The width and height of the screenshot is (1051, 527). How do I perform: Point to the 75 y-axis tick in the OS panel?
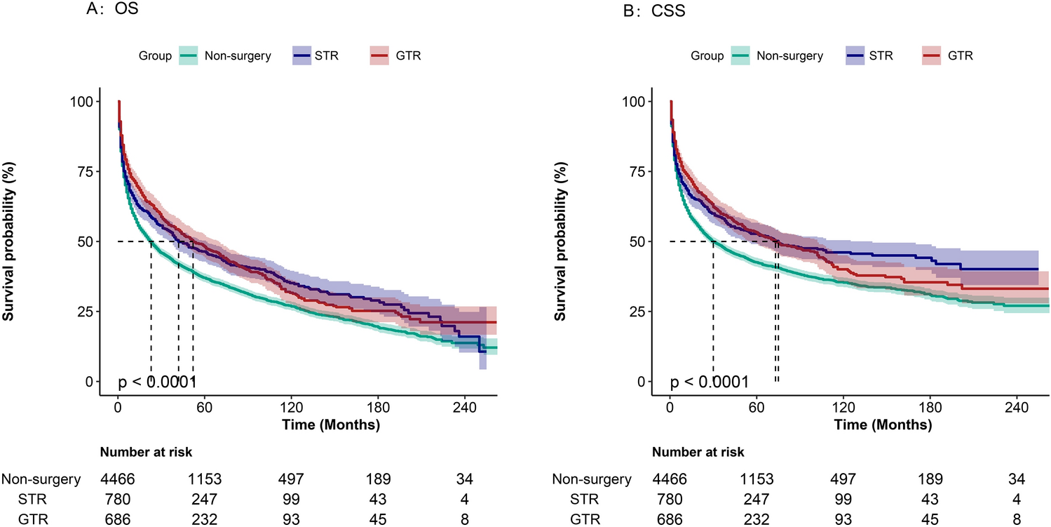[81, 171]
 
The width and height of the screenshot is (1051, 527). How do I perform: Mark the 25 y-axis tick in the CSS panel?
[634, 312]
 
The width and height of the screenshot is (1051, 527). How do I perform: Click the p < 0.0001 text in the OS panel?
[156, 382]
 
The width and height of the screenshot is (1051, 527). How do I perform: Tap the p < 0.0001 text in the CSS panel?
[709, 382]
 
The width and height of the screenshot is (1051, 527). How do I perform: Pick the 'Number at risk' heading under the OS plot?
[146, 452]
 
